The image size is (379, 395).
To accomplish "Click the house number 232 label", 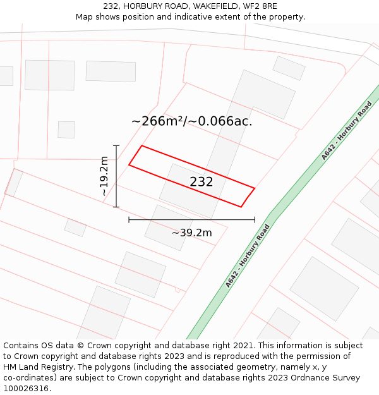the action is pyautogui.click(x=202, y=182).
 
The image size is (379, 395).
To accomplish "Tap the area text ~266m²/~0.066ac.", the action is pyautogui.click(x=191, y=121).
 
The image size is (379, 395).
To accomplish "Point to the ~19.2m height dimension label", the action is pyautogui.click(x=104, y=176).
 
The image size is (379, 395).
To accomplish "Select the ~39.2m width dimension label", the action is pyautogui.click(x=191, y=233).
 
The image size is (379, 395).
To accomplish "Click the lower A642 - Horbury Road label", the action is pyautogui.click(x=248, y=256).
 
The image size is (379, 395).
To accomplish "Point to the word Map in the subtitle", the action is pyautogui.click(x=85, y=16).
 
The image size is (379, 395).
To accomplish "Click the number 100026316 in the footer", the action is pyautogui.click(x=27, y=389).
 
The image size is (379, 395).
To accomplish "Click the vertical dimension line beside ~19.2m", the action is pyautogui.click(x=116, y=176).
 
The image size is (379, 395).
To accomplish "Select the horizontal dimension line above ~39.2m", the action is pyautogui.click(x=191, y=220).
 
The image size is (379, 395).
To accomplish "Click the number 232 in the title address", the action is pyautogui.click(x=111, y=6).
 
